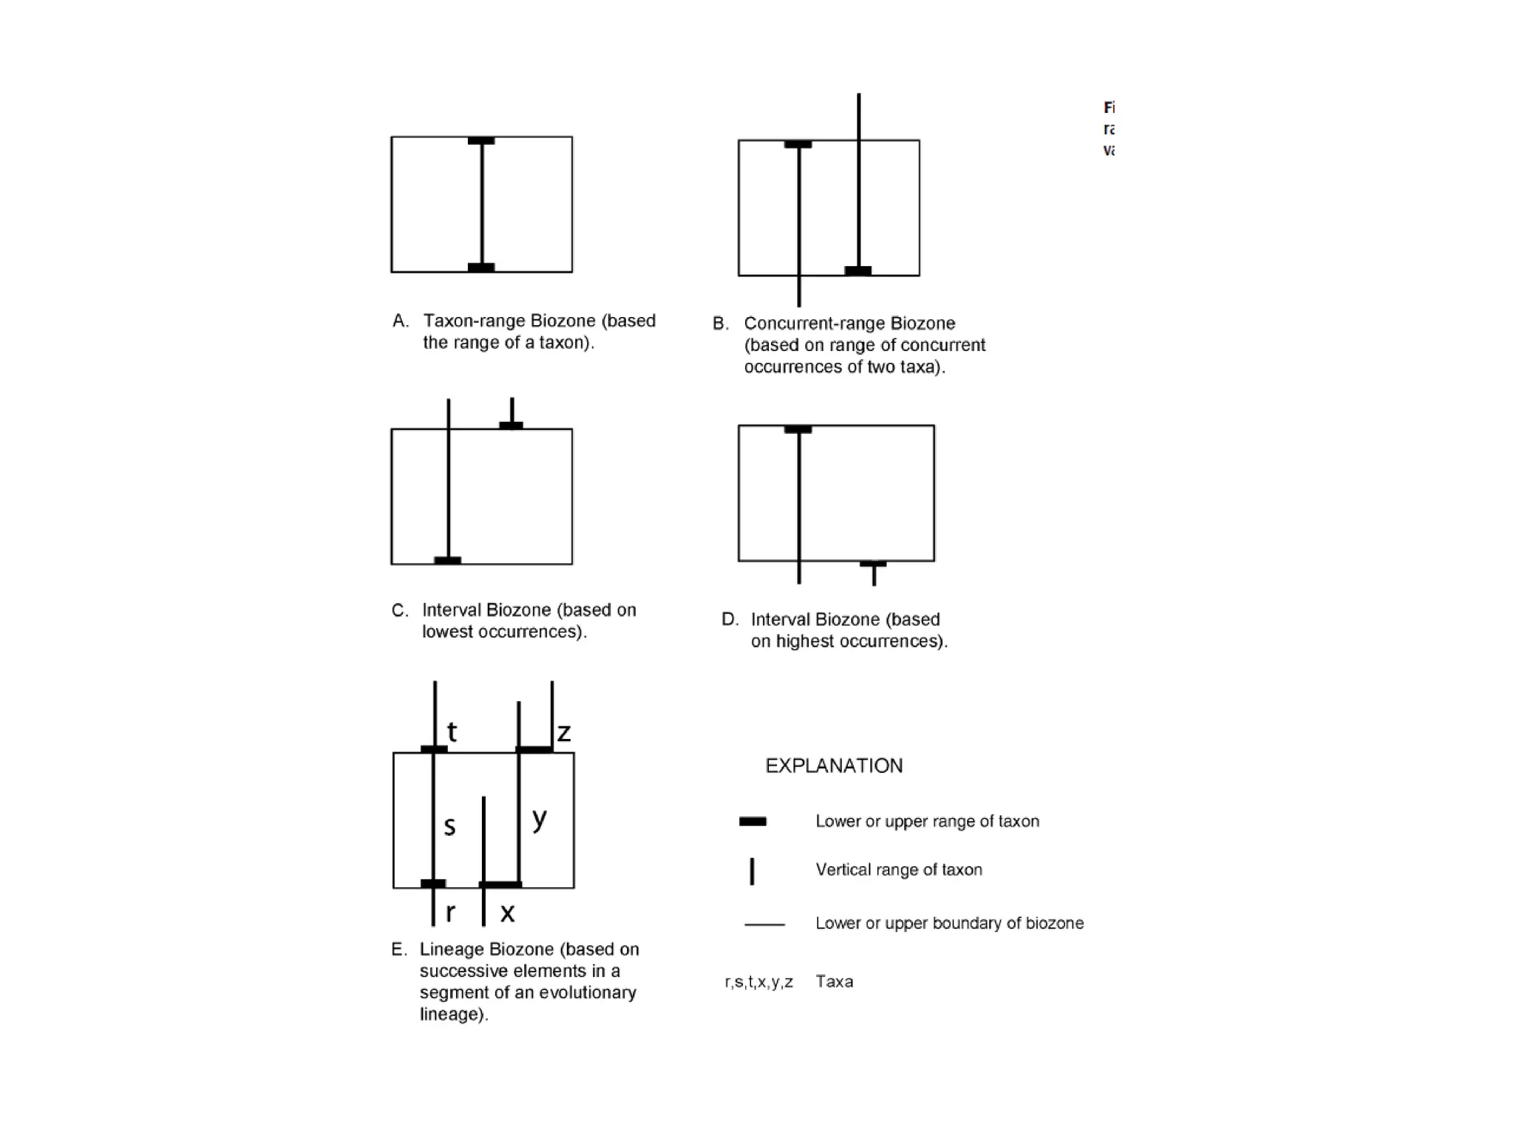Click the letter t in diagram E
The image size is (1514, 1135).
click(452, 732)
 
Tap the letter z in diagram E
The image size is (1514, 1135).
click(564, 732)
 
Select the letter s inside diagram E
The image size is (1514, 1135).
click(449, 825)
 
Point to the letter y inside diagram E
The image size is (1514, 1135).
click(540, 818)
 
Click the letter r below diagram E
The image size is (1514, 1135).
click(450, 913)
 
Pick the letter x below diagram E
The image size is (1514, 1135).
click(507, 913)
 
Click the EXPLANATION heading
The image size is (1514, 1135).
click(834, 766)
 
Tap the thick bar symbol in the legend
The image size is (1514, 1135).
click(753, 821)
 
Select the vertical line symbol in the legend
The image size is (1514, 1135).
click(752, 871)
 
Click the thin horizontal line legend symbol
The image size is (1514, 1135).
click(764, 924)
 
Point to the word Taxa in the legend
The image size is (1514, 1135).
click(835, 981)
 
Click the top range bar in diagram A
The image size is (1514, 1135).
click(481, 140)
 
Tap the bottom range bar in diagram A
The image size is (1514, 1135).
click(481, 267)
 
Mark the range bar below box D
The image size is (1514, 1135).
click(873, 564)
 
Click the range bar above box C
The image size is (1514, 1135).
click(511, 425)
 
